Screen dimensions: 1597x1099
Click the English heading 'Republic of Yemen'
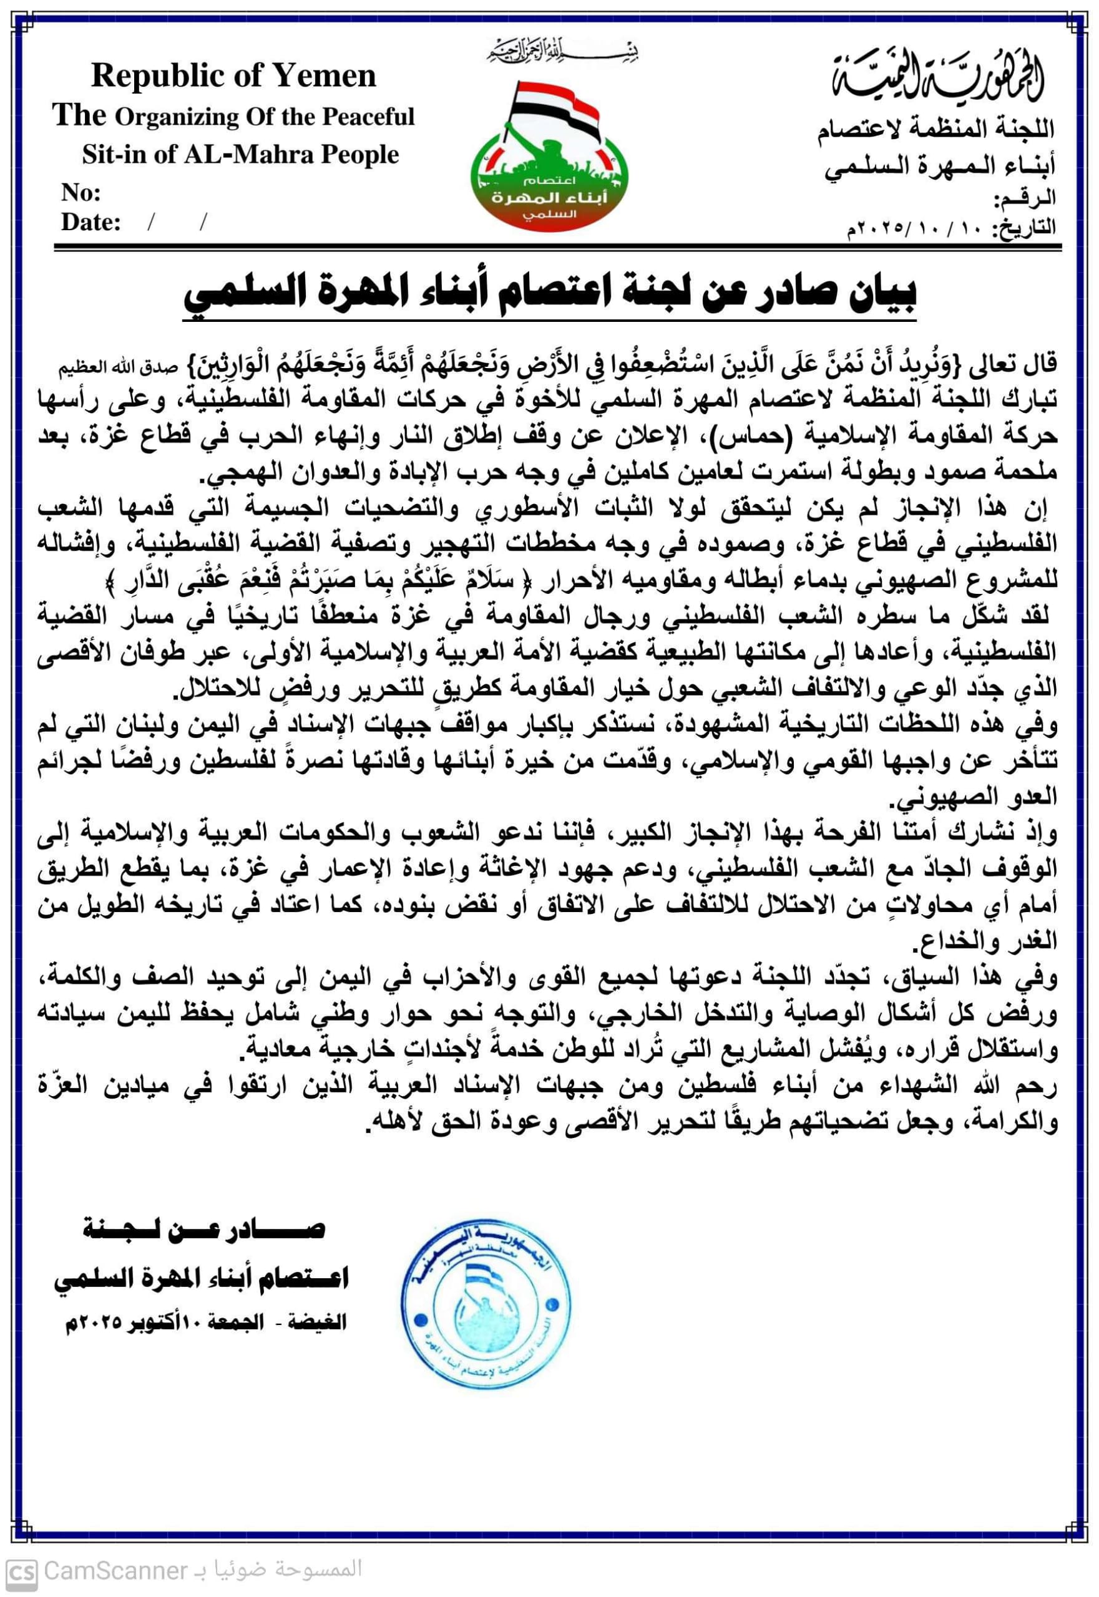[x=233, y=75]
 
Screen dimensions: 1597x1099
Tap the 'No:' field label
[x=81, y=193]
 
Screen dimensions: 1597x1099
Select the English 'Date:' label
[x=91, y=222]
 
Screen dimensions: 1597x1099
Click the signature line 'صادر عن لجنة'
[x=203, y=1230]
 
